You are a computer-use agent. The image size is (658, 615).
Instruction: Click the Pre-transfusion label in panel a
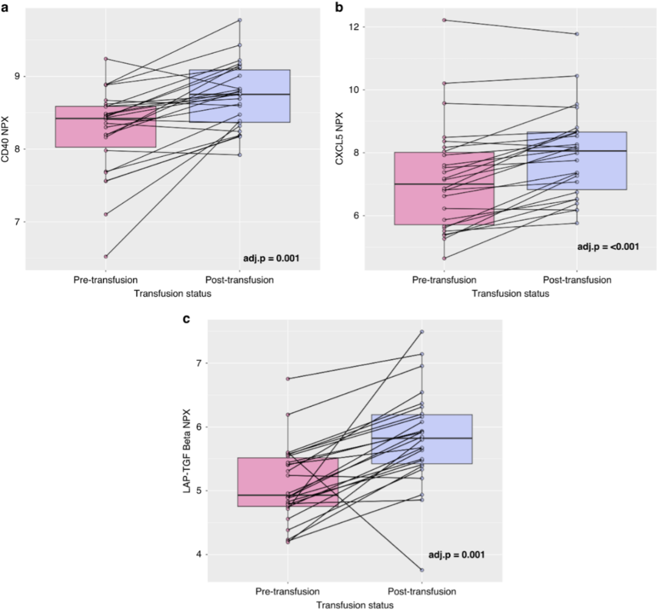click(x=105, y=280)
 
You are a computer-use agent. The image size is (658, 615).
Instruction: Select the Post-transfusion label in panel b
click(x=576, y=280)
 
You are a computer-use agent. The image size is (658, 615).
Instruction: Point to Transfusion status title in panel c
click(x=355, y=605)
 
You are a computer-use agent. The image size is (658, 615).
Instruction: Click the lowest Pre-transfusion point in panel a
click(x=105, y=257)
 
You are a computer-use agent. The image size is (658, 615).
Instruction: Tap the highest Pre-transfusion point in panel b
click(x=445, y=20)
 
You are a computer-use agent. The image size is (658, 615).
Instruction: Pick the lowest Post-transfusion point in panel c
click(x=422, y=570)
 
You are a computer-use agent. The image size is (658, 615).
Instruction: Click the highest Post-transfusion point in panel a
click(x=240, y=20)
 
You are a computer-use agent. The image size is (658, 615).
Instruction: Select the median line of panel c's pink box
click(x=288, y=495)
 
